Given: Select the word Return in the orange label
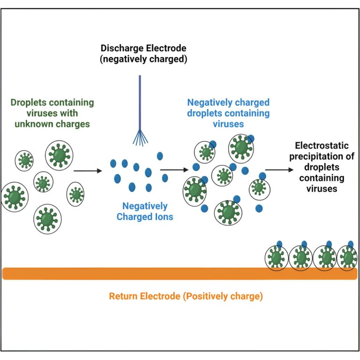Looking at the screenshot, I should click(x=124, y=296).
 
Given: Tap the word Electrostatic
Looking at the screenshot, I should click(x=321, y=145).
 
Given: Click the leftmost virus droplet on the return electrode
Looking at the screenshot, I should click(x=277, y=258).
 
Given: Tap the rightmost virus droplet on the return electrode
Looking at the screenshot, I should click(x=347, y=258).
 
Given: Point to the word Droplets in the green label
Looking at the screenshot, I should click(x=29, y=103).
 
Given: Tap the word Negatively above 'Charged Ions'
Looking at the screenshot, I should click(x=144, y=206).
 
